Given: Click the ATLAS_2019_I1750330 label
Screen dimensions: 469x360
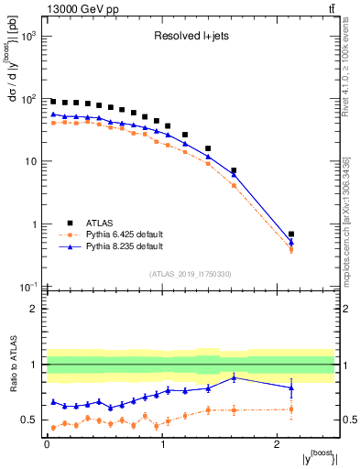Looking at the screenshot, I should point(190,273).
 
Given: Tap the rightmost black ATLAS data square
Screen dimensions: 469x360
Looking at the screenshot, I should point(291,234).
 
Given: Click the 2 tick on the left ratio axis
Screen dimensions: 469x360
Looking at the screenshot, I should point(38,309).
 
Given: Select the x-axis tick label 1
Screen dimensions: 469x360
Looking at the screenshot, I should point(162,450).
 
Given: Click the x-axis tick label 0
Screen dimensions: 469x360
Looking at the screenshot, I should point(47,450).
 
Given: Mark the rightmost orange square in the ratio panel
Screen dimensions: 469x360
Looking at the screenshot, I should point(291,409).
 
